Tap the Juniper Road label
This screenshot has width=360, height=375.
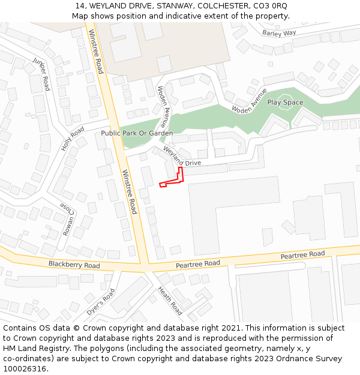42,74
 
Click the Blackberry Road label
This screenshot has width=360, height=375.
74,265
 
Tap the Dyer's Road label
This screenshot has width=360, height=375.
100,302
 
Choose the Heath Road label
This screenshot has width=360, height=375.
170,301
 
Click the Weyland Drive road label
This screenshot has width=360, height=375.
182,157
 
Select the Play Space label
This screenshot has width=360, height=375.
285,103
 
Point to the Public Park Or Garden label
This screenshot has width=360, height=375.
137,133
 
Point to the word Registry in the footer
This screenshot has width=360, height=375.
64,348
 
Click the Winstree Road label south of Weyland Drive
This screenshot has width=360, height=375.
130,192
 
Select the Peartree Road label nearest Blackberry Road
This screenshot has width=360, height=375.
198,264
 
